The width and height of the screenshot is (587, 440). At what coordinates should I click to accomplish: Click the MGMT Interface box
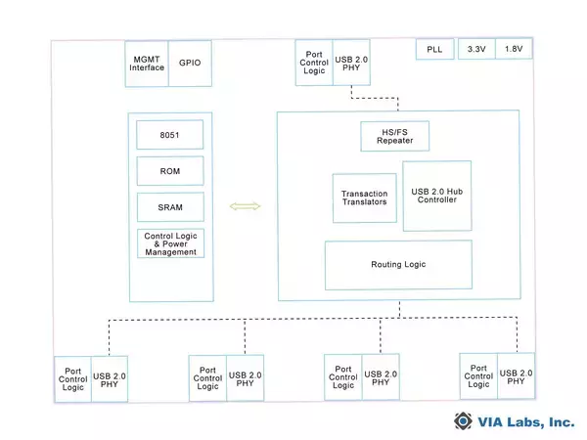[x=147, y=61]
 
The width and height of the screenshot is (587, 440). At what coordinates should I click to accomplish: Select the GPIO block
[x=190, y=61]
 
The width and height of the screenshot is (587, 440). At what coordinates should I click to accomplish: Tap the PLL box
[x=434, y=50]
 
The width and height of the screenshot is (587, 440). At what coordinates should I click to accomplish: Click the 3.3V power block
[x=475, y=50]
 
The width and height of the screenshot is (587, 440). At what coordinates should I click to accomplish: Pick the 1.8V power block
[x=514, y=50]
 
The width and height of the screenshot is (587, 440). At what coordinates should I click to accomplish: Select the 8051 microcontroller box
[x=170, y=134]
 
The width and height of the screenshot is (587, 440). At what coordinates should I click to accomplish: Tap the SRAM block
[x=170, y=207]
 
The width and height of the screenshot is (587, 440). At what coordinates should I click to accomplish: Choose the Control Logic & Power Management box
[x=170, y=243]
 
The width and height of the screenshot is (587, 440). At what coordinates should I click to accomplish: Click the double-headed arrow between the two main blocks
[x=245, y=206]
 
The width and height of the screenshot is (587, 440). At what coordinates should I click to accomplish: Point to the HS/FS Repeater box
[x=387, y=137]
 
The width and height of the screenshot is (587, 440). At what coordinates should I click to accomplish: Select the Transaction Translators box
[x=363, y=198]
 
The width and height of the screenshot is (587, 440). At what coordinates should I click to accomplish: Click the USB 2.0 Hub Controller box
[x=436, y=196]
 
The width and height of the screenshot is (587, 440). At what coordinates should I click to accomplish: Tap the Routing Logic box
[x=397, y=265]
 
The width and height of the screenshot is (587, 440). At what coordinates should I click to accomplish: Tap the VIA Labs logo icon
[x=463, y=421]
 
